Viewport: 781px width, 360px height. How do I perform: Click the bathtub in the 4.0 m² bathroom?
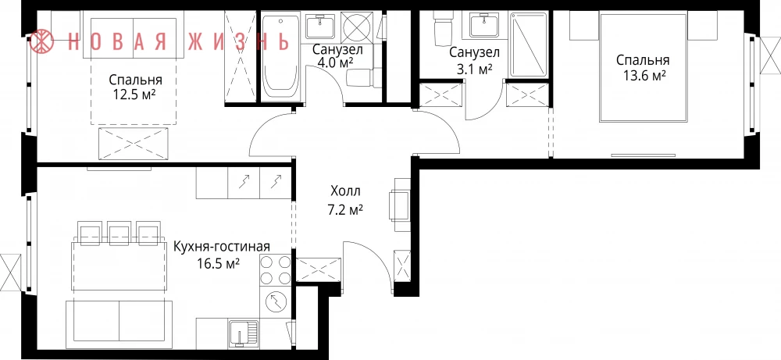pyautogui.click(x=281, y=57)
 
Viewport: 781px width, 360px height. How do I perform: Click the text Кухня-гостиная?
pyautogui.click(x=222, y=247)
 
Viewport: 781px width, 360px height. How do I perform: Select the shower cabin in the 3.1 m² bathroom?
pyautogui.click(x=528, y=45)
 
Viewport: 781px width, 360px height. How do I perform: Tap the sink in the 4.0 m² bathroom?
pyautogui.click(x=320, y=26)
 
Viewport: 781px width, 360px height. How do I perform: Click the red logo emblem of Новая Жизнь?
pyautogui.click(x=42, y=41)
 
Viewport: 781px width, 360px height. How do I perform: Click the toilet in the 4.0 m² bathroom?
pyautogui.click(x=359, y=78)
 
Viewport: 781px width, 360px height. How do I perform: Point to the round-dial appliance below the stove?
pyautogui.click(x=275, y=301)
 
